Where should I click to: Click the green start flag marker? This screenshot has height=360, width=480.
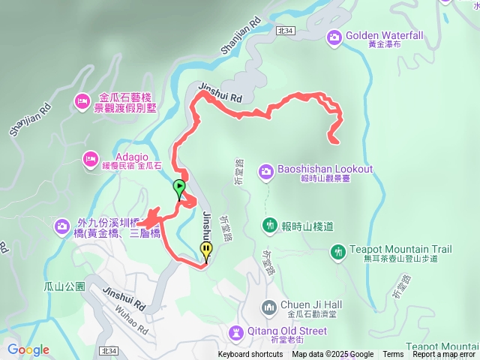pyautogui.click(x=179, y=187)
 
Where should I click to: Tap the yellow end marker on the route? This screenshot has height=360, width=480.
pyautogui.click(x=206, y=251)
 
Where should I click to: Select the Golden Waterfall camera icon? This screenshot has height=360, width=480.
pyautogui.click(x=335, y=35)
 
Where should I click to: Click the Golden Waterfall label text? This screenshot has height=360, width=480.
pyautogui.click(x=385, y=35)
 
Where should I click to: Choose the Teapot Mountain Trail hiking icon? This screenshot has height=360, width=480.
pyautogui.click(x=338, y=251)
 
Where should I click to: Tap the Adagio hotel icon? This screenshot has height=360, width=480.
pyautogui.click(x=91, y=158)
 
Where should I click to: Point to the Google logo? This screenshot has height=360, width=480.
pyautogui.click(x=28, y=350)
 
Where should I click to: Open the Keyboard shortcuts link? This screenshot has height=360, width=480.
pyautogui.click(x=250, y=355)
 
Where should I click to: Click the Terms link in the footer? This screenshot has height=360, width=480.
pyautogui.click(x=393, y=355)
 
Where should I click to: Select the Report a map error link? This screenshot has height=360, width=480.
pyautogui.click(x=444, y=355)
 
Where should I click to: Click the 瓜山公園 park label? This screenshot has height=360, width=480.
pyautogui.click(x=64, y=286)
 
